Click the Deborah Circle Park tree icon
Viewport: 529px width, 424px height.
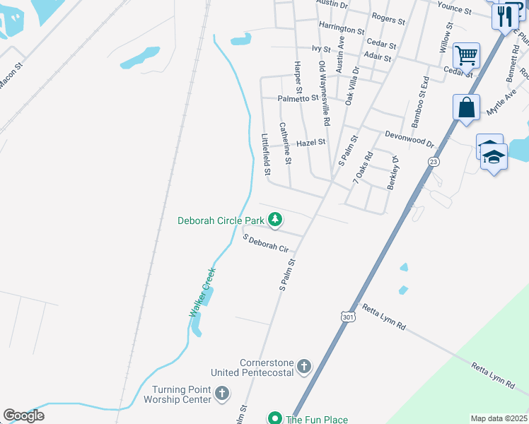tap(275, 221)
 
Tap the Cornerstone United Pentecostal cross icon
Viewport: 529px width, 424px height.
tap(304, 366)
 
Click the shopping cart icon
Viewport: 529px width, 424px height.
tap(466, 54)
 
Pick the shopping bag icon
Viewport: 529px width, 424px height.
tap(466, 108)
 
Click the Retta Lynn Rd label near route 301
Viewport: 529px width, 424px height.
tap(383, 317)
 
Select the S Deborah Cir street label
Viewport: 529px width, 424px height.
tap(266, 244)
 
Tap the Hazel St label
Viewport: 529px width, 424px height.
tap(310, 143)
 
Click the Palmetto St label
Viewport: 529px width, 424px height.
tap(298, 99)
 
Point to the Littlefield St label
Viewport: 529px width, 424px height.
tap(266, 155)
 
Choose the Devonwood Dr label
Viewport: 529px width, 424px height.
tap(409, 138)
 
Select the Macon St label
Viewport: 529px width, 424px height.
tap(11, 75)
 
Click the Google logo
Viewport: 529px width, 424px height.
tap(23, 416)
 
